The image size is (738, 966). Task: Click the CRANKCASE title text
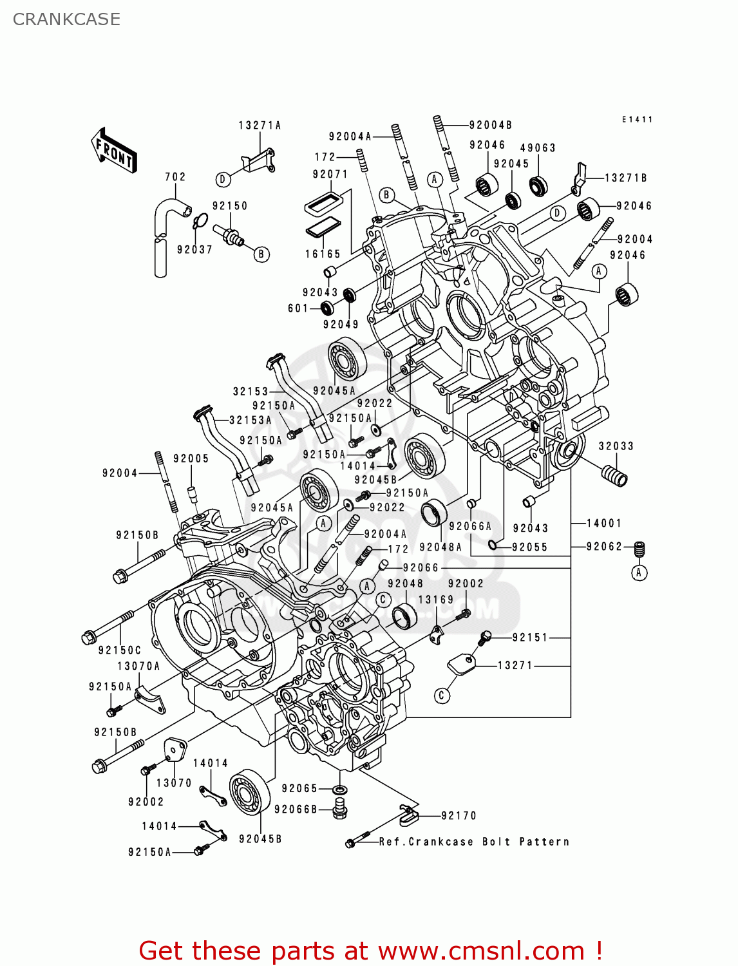tap(66, 19)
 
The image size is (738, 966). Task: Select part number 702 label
tap(175, 176)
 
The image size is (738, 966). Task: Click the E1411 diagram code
tap(637, 120)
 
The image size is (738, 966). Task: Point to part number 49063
tap(538, 148)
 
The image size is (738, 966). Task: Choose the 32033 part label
tap(616, 446)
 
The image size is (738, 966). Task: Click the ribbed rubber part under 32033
tap(614, 477)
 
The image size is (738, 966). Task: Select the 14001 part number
tap(604, 524)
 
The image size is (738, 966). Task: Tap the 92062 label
tap(604, 547)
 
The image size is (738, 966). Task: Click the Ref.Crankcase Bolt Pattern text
tap(474, 842)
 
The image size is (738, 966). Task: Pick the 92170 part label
tap(459, 816)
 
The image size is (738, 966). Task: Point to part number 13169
tap(436, 600)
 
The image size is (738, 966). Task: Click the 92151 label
tap(530, 638)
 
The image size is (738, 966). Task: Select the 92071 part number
tap(330, 175)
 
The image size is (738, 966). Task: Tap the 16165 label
tap(323, 254)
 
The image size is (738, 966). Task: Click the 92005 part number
tap(191, 459)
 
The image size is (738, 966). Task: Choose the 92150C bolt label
tap(120, 650)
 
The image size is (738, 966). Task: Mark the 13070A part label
tap(138, 667)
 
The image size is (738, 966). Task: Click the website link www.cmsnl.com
tap(480, 951)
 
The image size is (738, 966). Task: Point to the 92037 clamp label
tap(194, 250)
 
